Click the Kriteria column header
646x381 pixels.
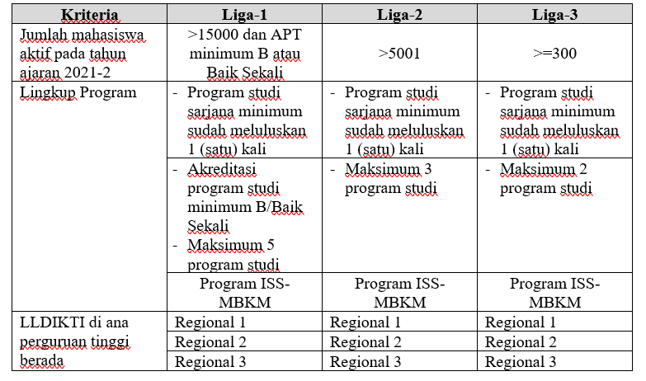pos(90,16)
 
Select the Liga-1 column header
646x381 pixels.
pos(245,16)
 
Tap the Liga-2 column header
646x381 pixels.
pos(400,16)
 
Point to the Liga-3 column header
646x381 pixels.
pos(554,16)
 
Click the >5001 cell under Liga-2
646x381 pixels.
pos(400,54)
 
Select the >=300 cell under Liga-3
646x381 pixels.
pos(554,54)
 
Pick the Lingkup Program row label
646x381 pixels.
pos(78,92)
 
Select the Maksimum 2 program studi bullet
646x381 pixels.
pos(545,179)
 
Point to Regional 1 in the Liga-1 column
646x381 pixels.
pos(210,322)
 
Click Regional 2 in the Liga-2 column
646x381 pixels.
pos(365,341)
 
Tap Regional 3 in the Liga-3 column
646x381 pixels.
pos(521,361)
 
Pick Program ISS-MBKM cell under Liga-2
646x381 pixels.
pos(400,292)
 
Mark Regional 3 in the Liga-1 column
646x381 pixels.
pos(210,361)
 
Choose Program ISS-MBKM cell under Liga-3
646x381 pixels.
pos(554,292)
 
